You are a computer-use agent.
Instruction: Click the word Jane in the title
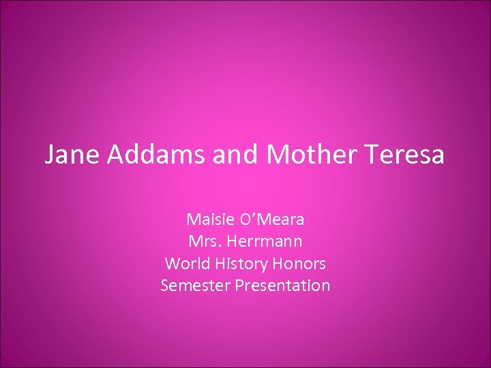tap(68, 155)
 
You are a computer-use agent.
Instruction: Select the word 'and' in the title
tap(236, 155)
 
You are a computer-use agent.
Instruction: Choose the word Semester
tap(195, 285)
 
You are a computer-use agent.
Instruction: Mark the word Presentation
tap(282, 285)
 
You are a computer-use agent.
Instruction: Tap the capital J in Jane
tap(49, 155)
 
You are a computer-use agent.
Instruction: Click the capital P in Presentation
tap(239, 285)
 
